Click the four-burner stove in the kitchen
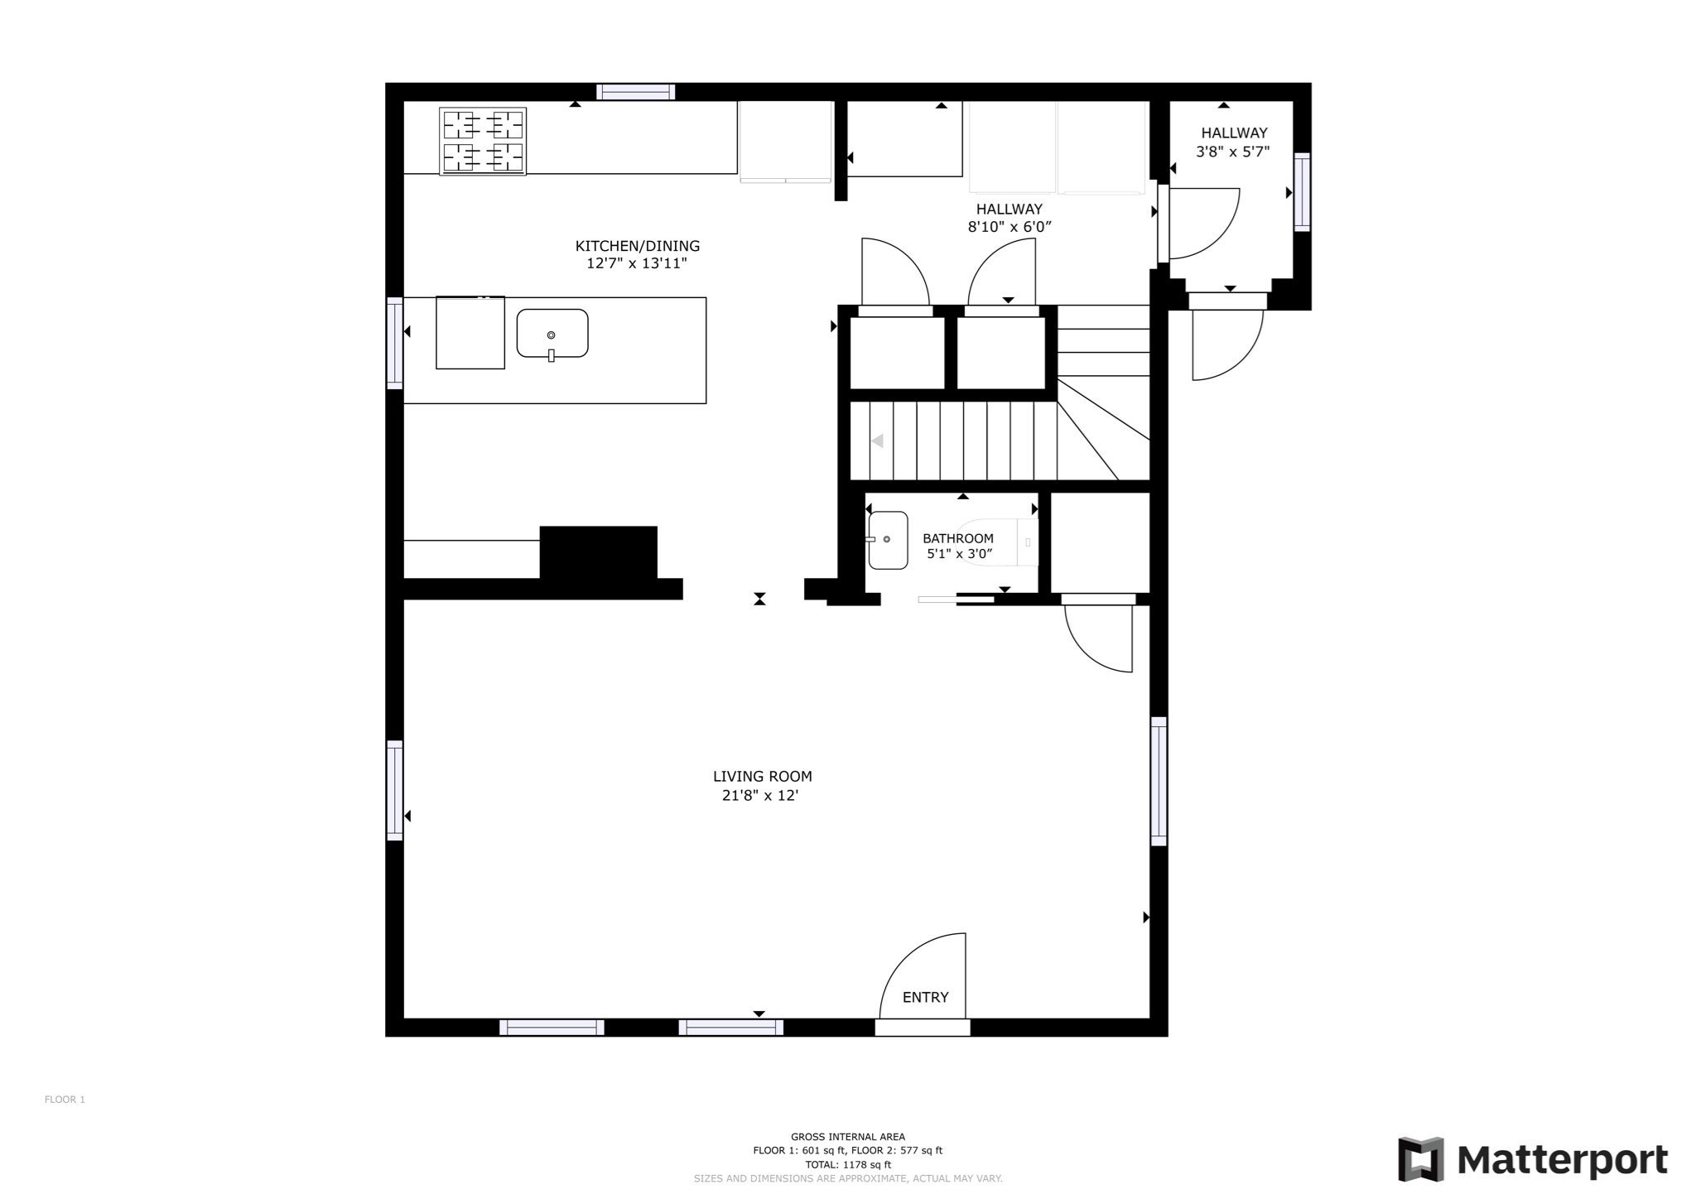(x=483, y=142)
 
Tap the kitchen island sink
(x=552, y=334)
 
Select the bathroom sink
(x=888, y=540)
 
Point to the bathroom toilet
(x=997, y=542)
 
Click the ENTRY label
(x=925, y=998)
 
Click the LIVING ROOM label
(x=762, y=777)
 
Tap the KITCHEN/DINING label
(x=638, y=246)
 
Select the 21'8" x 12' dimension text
(x=760, y=796)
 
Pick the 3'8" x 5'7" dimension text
(x=1233, y=152)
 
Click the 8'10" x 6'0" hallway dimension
(x=1009, y=227)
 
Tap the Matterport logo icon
(x=1421, y=1159)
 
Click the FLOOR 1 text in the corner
(x=65, y=1100)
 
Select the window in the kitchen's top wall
(x=636, y=92)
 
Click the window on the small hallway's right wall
(x=1302, y=192)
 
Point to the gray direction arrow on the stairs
(x=877, y=441)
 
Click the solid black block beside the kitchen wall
(x=599, y=552)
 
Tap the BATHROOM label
(x=958, y=538)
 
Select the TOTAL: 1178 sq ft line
(x=848, y=1164)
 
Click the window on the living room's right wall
(x=1159, y=781)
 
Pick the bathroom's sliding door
(x=956, y=599)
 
